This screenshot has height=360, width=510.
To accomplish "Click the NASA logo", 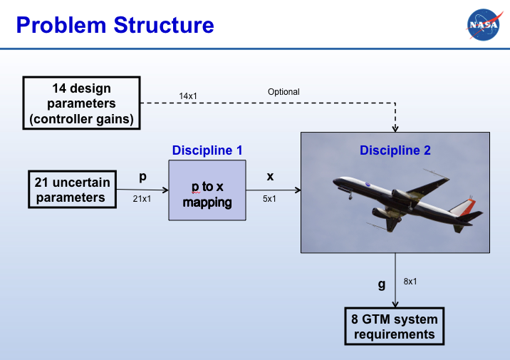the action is (x=484, y=25).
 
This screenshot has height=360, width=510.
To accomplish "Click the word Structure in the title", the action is (x=164, y=25).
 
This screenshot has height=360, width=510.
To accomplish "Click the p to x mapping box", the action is (x=207, y=190).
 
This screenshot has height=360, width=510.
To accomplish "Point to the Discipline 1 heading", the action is (x=207, y=150).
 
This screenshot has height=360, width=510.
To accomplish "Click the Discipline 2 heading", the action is (x=395, y=150).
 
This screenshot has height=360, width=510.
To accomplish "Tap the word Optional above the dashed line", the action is (x=283, y=92).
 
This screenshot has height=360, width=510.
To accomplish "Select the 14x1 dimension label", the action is (x=188, y=96).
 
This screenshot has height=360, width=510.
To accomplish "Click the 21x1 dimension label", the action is (x=142, y=199).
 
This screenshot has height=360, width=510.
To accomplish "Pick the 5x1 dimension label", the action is (x=269, y=199).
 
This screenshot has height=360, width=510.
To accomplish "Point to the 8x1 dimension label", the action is (x=410, y=282).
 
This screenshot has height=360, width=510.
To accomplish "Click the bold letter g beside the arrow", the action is (x=382, y=284).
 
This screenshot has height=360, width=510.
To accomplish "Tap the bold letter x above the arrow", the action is (x=270, y=177).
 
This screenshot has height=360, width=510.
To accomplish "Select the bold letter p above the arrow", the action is (x=142, y=177).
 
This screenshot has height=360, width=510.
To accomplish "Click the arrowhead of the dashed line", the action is (x=395, y=128).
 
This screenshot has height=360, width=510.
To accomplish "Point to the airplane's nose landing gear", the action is (x=350, y=195).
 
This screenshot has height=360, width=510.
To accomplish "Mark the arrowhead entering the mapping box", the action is (x=165, y=190).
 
